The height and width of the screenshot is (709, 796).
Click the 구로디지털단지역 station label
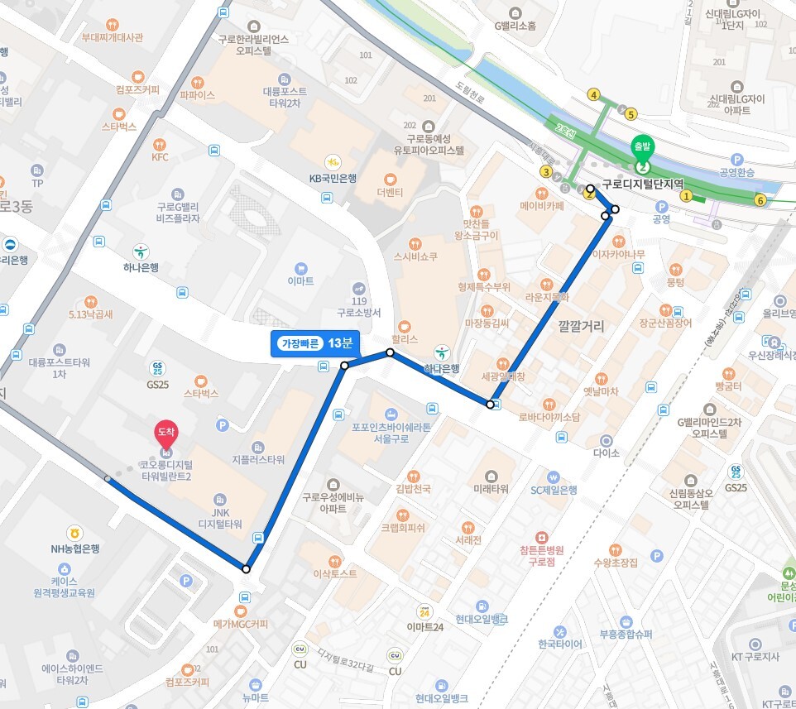[643, 184]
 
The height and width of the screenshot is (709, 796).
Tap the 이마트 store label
[300, 281]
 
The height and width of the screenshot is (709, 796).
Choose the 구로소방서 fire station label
[358, 313]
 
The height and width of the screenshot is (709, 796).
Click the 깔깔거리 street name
[581, 327]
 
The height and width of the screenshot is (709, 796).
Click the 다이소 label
[607, 453]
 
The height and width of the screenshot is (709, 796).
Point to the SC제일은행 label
[554, 490]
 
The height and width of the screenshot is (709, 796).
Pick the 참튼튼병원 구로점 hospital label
[541, 554]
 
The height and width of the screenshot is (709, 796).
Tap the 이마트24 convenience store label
[425, 626]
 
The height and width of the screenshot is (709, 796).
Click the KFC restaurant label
[160, 156]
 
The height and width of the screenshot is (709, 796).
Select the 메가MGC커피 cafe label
[240, 623]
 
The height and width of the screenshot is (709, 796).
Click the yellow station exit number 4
[593, 95]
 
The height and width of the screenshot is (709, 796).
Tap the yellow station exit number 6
[760, 200]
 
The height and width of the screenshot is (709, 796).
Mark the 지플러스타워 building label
[258, 459]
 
